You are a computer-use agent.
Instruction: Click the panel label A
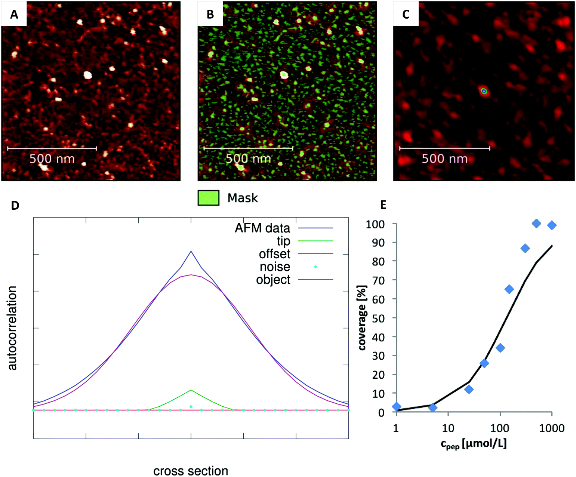(x=14, y=14)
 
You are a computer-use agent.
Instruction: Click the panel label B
(x=210, y=14)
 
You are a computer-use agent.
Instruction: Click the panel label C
(x=406, y=14)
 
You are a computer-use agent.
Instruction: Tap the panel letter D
(x=15, y=205)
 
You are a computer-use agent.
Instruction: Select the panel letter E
(x=383, y=205)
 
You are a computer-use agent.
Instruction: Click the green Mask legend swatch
(x=208, y=198)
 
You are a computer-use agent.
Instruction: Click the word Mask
(x=243, y=198)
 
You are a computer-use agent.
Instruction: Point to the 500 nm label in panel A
(x=52, y=159)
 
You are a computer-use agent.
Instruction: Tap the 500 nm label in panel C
(x=444, y=159)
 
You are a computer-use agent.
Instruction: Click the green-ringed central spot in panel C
(x=484, y=91)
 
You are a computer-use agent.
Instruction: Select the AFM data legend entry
(x=262, y=228)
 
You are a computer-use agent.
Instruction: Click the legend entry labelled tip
(x=283, y=241)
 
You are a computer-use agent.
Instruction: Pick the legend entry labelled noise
(x=275, y=267)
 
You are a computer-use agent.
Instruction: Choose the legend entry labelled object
(x=273, y=280)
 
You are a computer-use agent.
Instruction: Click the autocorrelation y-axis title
(x=13, y=328)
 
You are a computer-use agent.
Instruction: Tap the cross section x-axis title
(x=191, y=471)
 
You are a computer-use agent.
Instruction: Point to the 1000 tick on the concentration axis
(x=552, y=428)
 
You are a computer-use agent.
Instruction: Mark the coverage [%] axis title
(x=362, y=318)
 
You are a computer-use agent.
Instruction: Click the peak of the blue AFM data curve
(x=191, y=251)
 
